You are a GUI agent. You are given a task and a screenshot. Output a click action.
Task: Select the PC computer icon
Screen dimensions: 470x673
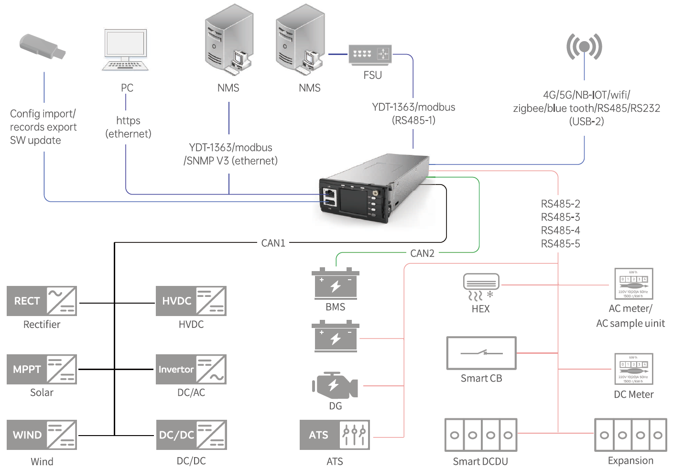[x=125, y=50]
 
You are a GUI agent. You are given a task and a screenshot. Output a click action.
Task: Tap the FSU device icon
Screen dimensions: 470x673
[x=370, y=54]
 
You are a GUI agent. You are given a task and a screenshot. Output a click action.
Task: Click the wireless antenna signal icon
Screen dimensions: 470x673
[x=584, y=47]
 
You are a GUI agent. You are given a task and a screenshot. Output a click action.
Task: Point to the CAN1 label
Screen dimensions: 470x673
[x=273, y=243]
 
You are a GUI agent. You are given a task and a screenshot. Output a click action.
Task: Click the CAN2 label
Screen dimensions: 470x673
[x=422, y=253]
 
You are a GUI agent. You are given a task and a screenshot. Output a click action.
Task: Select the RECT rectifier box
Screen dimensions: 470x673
[x=42, y=301]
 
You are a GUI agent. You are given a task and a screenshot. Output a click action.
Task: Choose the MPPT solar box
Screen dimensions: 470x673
[x=42, y=369]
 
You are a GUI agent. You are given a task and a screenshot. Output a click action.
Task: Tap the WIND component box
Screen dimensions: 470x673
[x=42, y=435]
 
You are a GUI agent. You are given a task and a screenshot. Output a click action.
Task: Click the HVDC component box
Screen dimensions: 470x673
[x=191, y=301]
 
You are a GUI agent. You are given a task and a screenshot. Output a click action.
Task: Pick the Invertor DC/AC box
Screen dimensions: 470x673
[x=191, y=369]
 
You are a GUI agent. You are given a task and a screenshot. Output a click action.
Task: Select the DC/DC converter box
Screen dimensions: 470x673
[x=191, y=435]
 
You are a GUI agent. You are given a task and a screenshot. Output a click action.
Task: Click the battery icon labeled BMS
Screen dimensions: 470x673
[x=336, y=284]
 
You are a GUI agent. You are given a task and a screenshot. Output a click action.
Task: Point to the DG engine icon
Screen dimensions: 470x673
[x=335, y=385]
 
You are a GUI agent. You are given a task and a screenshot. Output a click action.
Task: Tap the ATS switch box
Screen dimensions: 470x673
[x=335, y=435]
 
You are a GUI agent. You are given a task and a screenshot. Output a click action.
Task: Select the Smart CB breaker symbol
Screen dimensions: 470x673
[x=481, y=353]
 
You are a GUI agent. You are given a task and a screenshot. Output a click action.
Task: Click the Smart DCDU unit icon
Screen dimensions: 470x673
[x=481, y=435]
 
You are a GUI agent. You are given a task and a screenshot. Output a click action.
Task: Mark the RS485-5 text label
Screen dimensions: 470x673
[x=560, y=244]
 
